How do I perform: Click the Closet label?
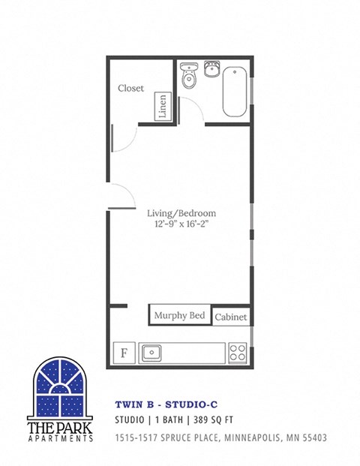[130, 89]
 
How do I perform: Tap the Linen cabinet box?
[162, 107]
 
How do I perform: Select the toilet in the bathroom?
[189, 76]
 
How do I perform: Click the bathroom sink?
[211, 70]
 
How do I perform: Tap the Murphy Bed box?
[180, 316]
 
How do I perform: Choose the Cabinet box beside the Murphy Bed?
[231, 317]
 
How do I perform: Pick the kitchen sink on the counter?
[153, 351]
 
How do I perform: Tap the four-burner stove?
[238, 352]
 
